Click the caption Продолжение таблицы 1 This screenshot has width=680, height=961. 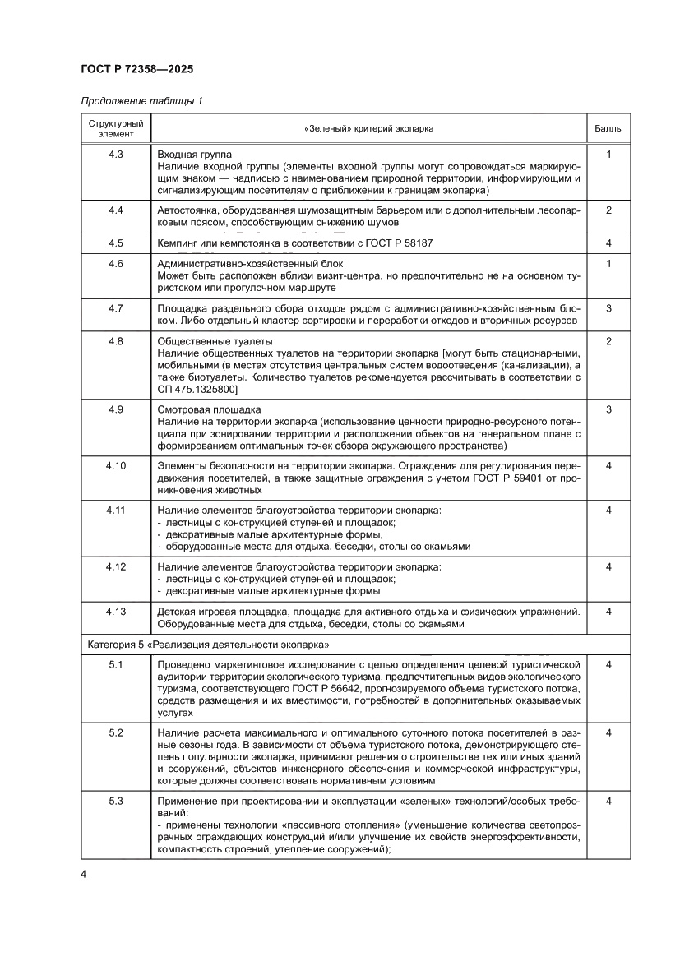(141, 101)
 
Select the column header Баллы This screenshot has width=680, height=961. (608, 129)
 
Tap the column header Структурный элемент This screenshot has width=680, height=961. (115, 129)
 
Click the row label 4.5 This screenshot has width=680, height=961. (115, 243)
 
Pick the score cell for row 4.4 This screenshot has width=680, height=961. (608, 210)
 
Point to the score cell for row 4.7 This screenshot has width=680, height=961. (608, 308)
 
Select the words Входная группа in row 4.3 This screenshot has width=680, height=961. (194, 155)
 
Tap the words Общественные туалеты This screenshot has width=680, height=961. (214, 341)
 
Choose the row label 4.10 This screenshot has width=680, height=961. (115, 466)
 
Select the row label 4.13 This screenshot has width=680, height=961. (115, 611)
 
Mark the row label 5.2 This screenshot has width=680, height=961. (115, 732)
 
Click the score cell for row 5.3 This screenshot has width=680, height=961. (608, 801)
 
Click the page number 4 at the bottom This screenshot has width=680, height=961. (84, 874)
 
